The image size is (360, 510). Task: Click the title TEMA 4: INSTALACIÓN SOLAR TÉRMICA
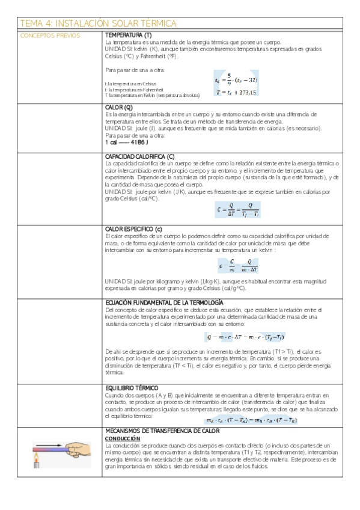99,23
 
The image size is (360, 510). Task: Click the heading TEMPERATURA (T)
128,35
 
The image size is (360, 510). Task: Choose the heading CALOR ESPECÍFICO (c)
133,230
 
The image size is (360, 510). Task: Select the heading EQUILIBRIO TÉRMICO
132,389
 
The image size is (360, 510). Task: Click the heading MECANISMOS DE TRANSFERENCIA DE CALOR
162,431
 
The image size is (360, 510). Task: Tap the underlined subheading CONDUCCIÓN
121,438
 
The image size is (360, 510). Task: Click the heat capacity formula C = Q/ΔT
237,210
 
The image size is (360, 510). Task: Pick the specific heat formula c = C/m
239,265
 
